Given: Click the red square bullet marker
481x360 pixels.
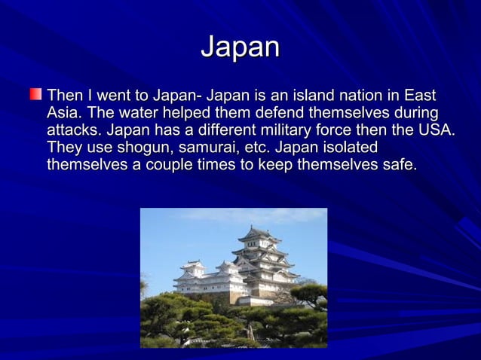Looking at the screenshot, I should [x=35, y=96].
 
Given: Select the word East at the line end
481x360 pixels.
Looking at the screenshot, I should [x=419, y=97].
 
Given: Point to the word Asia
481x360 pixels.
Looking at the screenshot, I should [x=63, y=114].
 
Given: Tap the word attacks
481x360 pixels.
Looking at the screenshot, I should [x=74, y=130].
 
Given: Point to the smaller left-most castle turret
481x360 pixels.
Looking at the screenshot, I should [x=194, y=267].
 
